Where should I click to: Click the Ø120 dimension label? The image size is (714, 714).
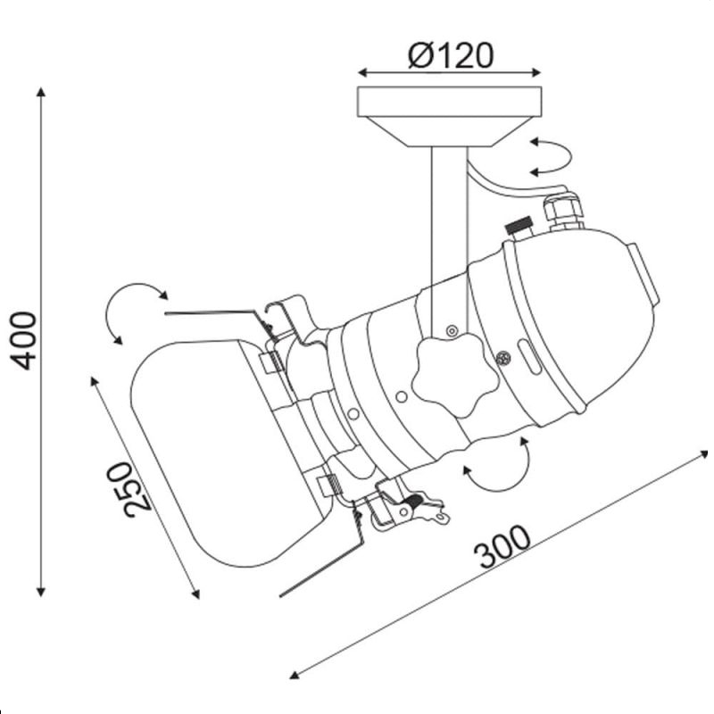coord(451,55)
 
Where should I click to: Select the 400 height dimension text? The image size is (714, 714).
coord(23,341)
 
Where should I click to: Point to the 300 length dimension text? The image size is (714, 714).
coord(502,547)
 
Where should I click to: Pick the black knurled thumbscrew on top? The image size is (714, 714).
coord(519,226)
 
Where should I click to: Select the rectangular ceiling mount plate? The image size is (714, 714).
coord(450,102)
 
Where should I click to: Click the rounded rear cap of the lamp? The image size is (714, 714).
coord(592,319)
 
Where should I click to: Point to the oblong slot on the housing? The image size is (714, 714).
coord(529,356)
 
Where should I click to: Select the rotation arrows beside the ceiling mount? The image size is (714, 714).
coord(551,157)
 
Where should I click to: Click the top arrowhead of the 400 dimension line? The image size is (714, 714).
coord(41,92)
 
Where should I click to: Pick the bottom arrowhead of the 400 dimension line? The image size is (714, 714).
coord(41,592)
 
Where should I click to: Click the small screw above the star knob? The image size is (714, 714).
coord(452,331)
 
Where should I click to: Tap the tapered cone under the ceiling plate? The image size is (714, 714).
coord(450,131)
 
